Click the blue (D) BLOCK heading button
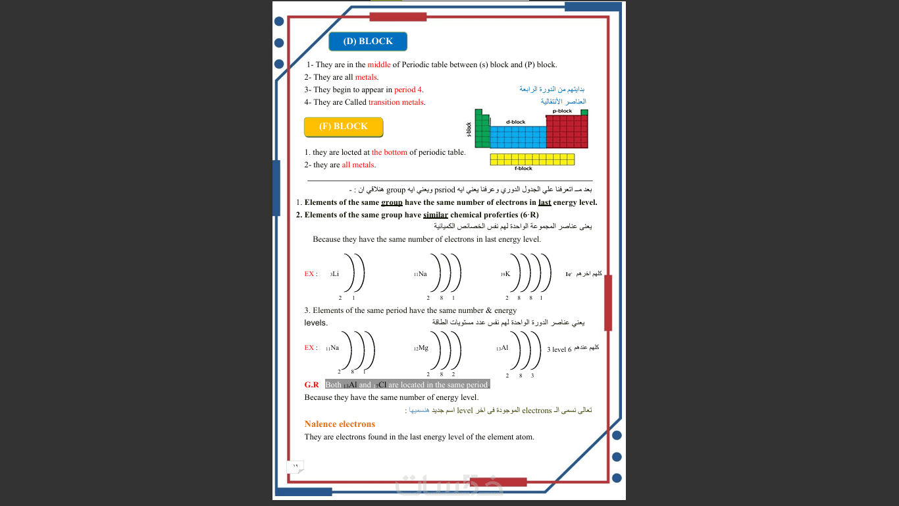click(368, 42)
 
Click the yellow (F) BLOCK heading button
click(343, 126)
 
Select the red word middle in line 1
click(378, 65)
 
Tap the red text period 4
click(408, 90)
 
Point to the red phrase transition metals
click(396, 102)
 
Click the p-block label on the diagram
click(562, 111)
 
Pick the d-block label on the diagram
click(515, 122)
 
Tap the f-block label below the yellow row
click(523, 169)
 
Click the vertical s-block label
click(469, 129)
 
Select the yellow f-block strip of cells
click(532, 159)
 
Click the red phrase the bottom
click(390, 152)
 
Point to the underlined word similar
click(436, 215)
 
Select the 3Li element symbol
click(334, 273)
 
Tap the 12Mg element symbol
click(421, 348)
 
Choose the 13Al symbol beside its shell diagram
click(503, 348)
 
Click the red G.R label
click(311, 385)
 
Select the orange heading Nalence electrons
click(340, 424)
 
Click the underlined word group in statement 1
click(392, 202)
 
